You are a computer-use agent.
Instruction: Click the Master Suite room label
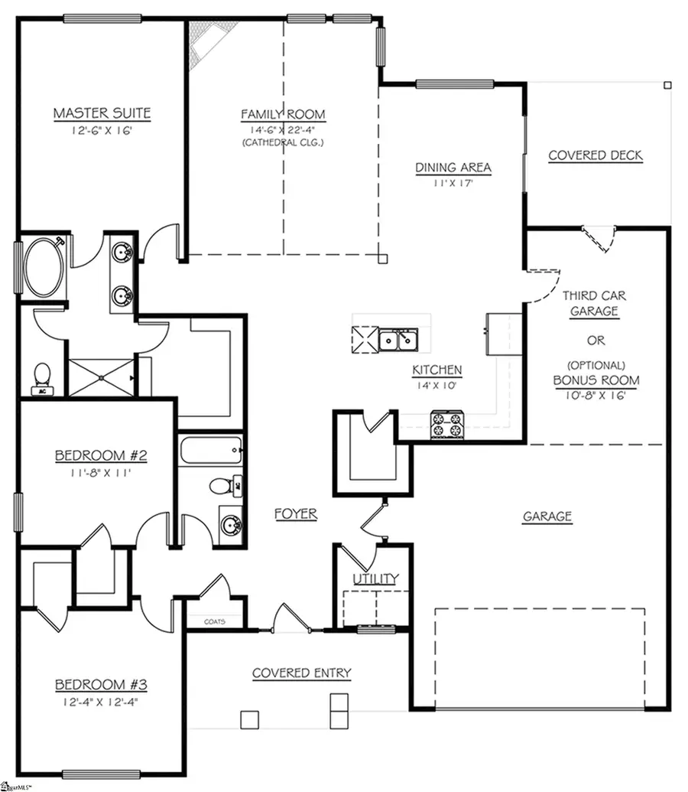102,114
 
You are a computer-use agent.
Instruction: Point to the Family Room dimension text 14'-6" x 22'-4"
284,129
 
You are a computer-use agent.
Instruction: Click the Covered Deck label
596,155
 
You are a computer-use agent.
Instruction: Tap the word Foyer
296,514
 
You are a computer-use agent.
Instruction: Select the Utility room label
375,579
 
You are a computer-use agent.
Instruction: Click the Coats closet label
214,621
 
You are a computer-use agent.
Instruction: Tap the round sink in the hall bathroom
230,526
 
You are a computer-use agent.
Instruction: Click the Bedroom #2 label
101,456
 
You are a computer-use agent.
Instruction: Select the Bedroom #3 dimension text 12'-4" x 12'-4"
101,700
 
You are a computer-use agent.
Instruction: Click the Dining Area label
453,168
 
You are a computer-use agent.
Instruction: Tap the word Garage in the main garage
547,517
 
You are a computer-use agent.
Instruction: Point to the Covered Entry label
302,673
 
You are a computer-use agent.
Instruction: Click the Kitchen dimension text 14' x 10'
437,386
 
